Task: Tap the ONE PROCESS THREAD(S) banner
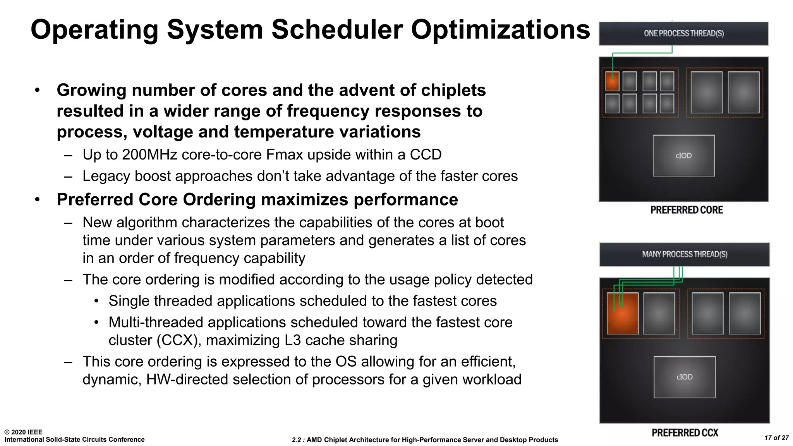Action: click(x=683, y=34)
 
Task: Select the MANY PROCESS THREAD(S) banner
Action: click(x=684, y=254)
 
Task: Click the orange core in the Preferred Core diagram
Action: click(x=612, y=81)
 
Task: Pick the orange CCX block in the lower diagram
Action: click(x=623, y=313)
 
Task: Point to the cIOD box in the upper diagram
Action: click(x=683, y=156)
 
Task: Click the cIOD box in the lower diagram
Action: click(x=684, y=377)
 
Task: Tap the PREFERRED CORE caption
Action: click(x=687, y=210)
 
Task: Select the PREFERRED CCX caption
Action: click(x=685, y=432)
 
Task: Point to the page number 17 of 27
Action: click(x=776, y=438)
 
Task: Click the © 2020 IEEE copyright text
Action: click(x=23, y=432)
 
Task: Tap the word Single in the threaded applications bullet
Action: click(x=129, y=301)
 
